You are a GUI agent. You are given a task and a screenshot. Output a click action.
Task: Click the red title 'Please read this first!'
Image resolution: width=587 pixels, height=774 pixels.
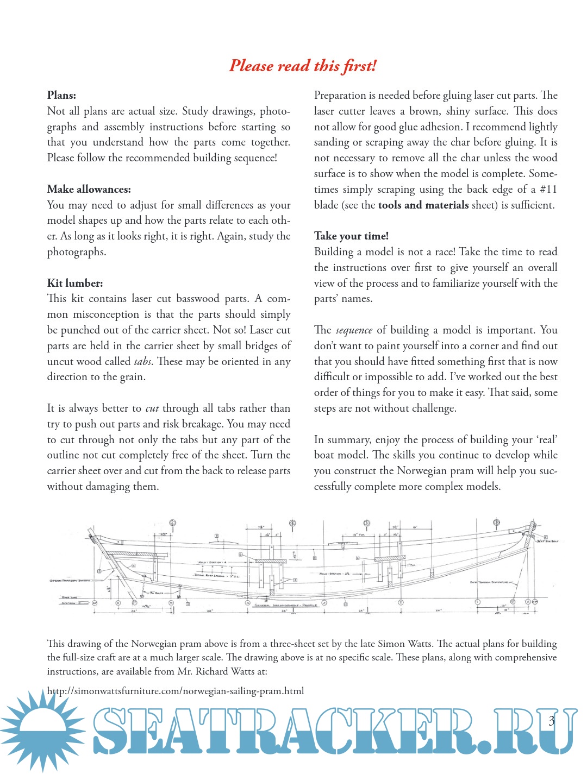click(302, 66)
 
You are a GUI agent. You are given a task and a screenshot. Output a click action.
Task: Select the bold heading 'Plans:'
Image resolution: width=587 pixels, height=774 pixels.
click(61, 96)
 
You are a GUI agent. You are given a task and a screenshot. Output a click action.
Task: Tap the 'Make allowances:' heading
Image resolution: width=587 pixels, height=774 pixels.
click(89, 190)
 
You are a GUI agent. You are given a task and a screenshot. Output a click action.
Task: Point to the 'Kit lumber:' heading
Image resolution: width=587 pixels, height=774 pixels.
click(74, 284)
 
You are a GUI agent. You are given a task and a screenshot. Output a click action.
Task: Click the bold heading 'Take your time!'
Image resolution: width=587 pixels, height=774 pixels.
click(351, 236)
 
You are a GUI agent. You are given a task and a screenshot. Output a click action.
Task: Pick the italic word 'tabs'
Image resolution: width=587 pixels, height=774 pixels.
click(142, 362)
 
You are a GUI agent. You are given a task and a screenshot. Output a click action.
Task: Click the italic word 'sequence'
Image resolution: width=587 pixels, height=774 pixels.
click(354, 330)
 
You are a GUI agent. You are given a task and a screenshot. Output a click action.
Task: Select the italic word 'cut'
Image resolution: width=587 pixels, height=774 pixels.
click(152, 408)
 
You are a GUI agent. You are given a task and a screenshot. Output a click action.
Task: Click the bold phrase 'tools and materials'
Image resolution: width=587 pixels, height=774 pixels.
click(423, 205)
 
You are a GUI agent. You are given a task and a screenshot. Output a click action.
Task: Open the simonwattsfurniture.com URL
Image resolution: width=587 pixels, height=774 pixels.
click(175, 691)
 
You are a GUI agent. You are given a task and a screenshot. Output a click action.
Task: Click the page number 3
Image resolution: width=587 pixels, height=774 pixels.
click(552, 721)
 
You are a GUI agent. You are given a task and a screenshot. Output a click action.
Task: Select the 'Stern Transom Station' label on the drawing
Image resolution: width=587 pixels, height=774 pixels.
click(70, 581)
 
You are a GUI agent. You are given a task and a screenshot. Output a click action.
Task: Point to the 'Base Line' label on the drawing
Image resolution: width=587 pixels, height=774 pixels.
click(70, 597)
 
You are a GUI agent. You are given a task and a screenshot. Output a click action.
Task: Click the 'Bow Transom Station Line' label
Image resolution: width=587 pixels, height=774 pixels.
click(489, 582)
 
